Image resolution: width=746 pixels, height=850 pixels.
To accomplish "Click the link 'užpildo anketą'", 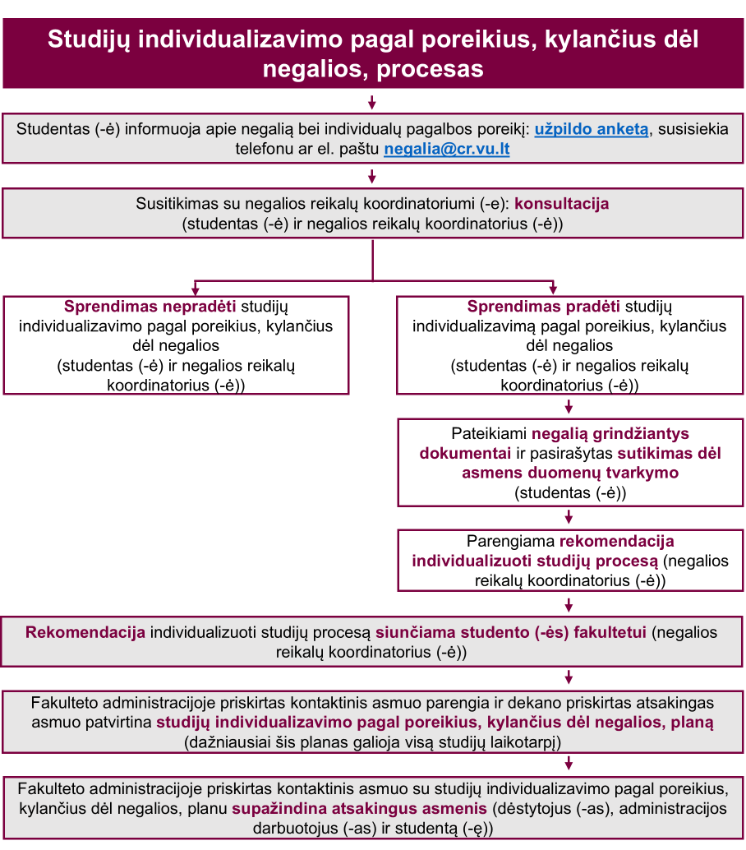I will [x=592, y=129].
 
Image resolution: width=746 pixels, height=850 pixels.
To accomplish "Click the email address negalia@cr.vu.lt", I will [x=447, y=150].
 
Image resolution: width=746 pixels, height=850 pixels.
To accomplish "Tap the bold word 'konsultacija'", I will [x=562, y=203].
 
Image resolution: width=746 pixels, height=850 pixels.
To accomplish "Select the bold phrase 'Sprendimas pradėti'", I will [x=543, y=307].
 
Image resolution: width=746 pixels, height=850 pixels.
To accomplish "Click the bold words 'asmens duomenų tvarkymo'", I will [x=569, y=473].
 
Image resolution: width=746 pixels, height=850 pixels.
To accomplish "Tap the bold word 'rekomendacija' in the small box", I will [x=616, y=541].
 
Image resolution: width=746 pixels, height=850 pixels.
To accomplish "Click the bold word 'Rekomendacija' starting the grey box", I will [x=85, y=632].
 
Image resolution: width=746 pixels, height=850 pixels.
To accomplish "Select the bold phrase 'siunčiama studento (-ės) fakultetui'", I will [x=513, y=632].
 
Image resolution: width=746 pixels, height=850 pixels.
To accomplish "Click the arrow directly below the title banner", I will [x=372, y=103].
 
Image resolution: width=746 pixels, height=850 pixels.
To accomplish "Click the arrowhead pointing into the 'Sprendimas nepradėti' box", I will [x=195, y=289].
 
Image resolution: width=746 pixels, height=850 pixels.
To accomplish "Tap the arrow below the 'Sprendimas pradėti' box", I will [x=569, y=407].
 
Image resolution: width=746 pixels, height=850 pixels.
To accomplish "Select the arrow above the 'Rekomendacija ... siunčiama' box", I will [x=569, y=605].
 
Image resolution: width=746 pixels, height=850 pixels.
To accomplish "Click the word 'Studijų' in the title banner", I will [x=85, y=39].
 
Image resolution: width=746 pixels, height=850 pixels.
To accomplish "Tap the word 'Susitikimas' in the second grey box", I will [x=173, y=203].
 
